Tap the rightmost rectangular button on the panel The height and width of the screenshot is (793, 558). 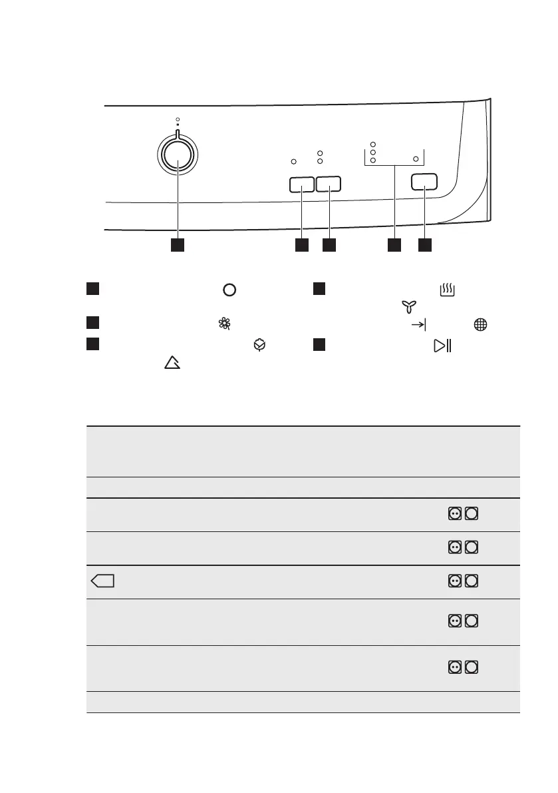pyautogui.click(x=425, y=182)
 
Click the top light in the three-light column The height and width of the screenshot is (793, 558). pyautogui.click(x=373, y=144)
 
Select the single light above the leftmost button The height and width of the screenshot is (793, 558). pyautogui.click(x=295, y=161)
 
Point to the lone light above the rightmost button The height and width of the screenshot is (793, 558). pyautogui.click(x=416, y=160)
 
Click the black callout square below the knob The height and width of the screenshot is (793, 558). pyautogui.click(x=177, y=245)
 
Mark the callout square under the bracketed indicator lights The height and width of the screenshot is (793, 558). pyautogui.click(x=394, y=245)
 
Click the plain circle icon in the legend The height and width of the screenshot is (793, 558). pyautogui.click(x=229, y=291)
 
